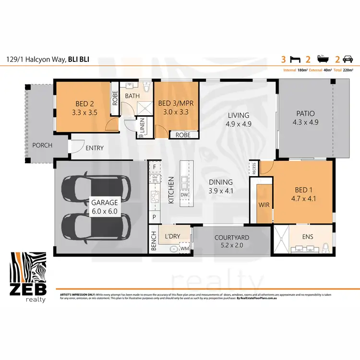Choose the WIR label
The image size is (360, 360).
264,204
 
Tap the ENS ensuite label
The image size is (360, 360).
308,237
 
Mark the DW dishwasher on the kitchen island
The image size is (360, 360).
184,194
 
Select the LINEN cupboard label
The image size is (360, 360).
143,127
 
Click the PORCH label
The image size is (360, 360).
42,145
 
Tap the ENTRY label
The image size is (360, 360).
95,148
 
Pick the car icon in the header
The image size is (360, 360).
348,60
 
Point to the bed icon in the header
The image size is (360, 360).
296,60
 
